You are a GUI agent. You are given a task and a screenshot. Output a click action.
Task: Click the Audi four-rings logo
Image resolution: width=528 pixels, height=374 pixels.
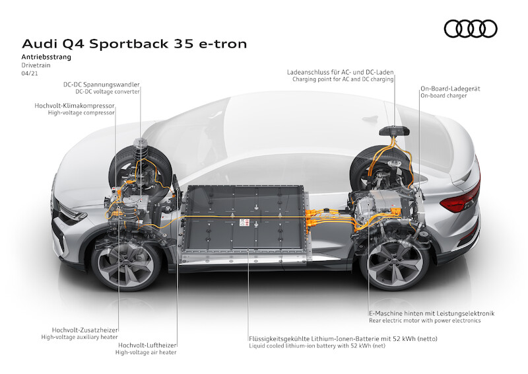click(x=471, y=28)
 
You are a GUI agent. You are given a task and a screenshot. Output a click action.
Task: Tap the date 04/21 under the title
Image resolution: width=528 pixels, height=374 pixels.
click(x=30, y=73)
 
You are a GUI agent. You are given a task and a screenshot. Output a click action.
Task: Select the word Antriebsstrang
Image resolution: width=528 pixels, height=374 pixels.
click(x=46, y=57)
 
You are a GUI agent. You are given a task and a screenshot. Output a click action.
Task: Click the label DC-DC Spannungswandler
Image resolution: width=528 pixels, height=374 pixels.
click(x=102, y=85)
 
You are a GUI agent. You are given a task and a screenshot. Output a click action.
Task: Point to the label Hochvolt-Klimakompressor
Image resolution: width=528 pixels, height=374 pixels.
click(x=75, y=106)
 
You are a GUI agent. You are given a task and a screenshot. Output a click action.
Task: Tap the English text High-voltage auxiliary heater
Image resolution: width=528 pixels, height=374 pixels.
click(x=79, y=337)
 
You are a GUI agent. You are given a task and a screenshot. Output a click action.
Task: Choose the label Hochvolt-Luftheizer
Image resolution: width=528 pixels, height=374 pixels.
click(x=147, y=346)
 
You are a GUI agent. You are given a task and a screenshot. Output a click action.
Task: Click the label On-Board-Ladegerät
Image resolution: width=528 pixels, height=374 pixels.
click(x=450, y=89)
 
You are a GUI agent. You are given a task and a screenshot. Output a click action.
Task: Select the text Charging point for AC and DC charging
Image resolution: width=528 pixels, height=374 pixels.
click(x=343, y=79)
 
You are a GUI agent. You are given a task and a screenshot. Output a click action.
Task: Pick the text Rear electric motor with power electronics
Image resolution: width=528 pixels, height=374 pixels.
click(x=424, y=320)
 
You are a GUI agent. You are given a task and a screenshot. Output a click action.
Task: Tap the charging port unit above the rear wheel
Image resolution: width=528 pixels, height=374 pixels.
click(x=394, y=131)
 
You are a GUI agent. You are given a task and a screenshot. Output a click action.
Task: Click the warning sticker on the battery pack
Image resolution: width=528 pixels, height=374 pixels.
click(x=244, y=222)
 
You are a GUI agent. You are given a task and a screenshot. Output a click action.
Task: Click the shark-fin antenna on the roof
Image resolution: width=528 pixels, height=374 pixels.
click(x=371, y=119)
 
